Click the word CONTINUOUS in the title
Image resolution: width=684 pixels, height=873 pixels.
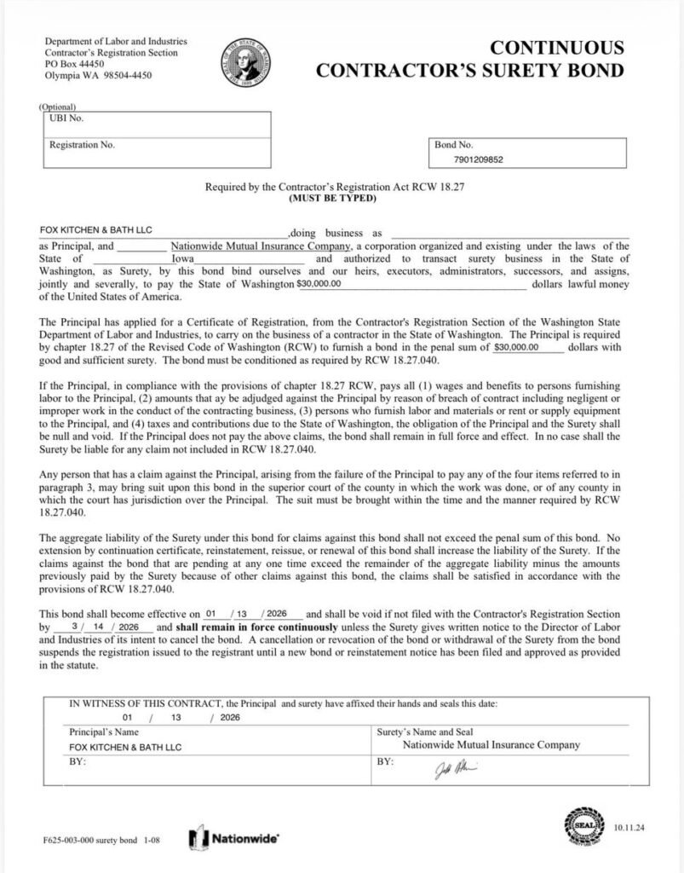tap(557, 48)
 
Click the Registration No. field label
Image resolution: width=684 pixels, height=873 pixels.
tap(82, 145)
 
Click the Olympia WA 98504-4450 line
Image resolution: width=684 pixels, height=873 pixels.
tap(98, 74)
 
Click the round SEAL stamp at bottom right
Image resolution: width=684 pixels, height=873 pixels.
tap(583, 828)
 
